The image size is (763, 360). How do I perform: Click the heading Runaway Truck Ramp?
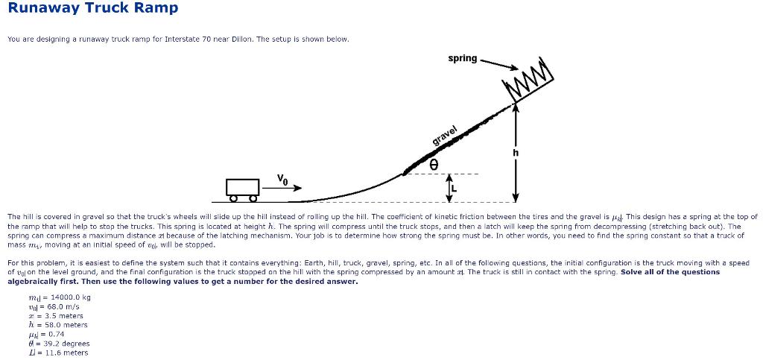point(93,8)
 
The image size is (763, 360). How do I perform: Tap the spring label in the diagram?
point(463,58)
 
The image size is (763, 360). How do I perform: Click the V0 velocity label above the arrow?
point(282,178)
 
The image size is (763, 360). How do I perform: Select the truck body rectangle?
point(243,186)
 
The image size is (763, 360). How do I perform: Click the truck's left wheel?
point(233,198)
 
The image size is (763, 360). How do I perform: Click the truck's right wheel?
point(253,198)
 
